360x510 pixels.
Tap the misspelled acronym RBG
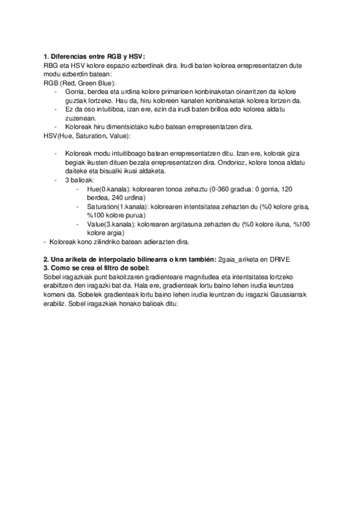click(51, 65)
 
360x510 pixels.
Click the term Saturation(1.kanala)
click(118, 206)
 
